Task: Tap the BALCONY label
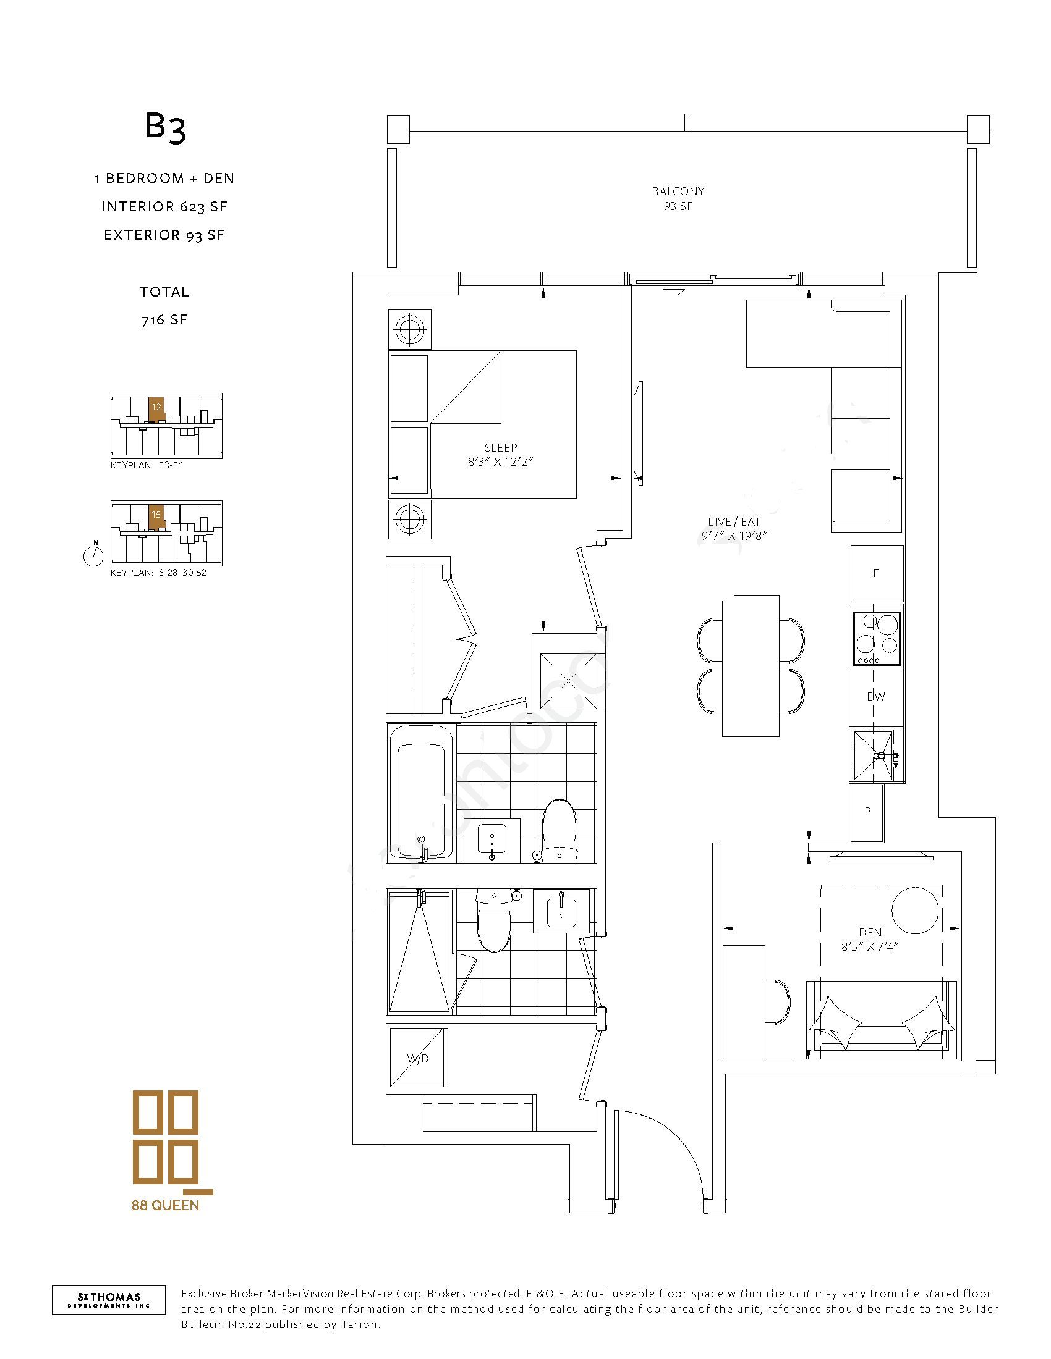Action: point(678,191)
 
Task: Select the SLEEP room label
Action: point(501,447)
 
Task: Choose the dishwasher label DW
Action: point(876,697)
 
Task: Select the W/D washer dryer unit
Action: point(419,1058)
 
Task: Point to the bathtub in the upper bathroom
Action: point(421,792)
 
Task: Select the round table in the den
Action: point(915,912)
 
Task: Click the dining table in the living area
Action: point(751,666)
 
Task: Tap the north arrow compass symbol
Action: point(93,555)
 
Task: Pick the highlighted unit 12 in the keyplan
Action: point(156,408)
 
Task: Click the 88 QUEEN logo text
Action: point(165,1205)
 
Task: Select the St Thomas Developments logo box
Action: point(109,1300)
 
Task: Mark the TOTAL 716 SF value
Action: point(164,320)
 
